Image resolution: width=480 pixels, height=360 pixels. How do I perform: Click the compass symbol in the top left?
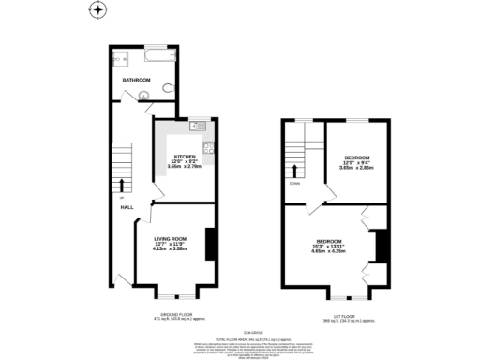tap(97, 11)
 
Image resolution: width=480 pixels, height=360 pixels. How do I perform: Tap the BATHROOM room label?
tap(137, 80)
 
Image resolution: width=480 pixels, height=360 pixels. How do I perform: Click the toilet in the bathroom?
tap(166, 90)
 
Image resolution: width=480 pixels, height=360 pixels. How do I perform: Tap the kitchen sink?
tap(198, 127)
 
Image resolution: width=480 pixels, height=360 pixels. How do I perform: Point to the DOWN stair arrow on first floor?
tap(297, 172)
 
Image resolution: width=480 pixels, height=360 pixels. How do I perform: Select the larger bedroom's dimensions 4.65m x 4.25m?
tap(328, 251)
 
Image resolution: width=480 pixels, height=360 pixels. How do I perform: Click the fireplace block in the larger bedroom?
tap(382, 246)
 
